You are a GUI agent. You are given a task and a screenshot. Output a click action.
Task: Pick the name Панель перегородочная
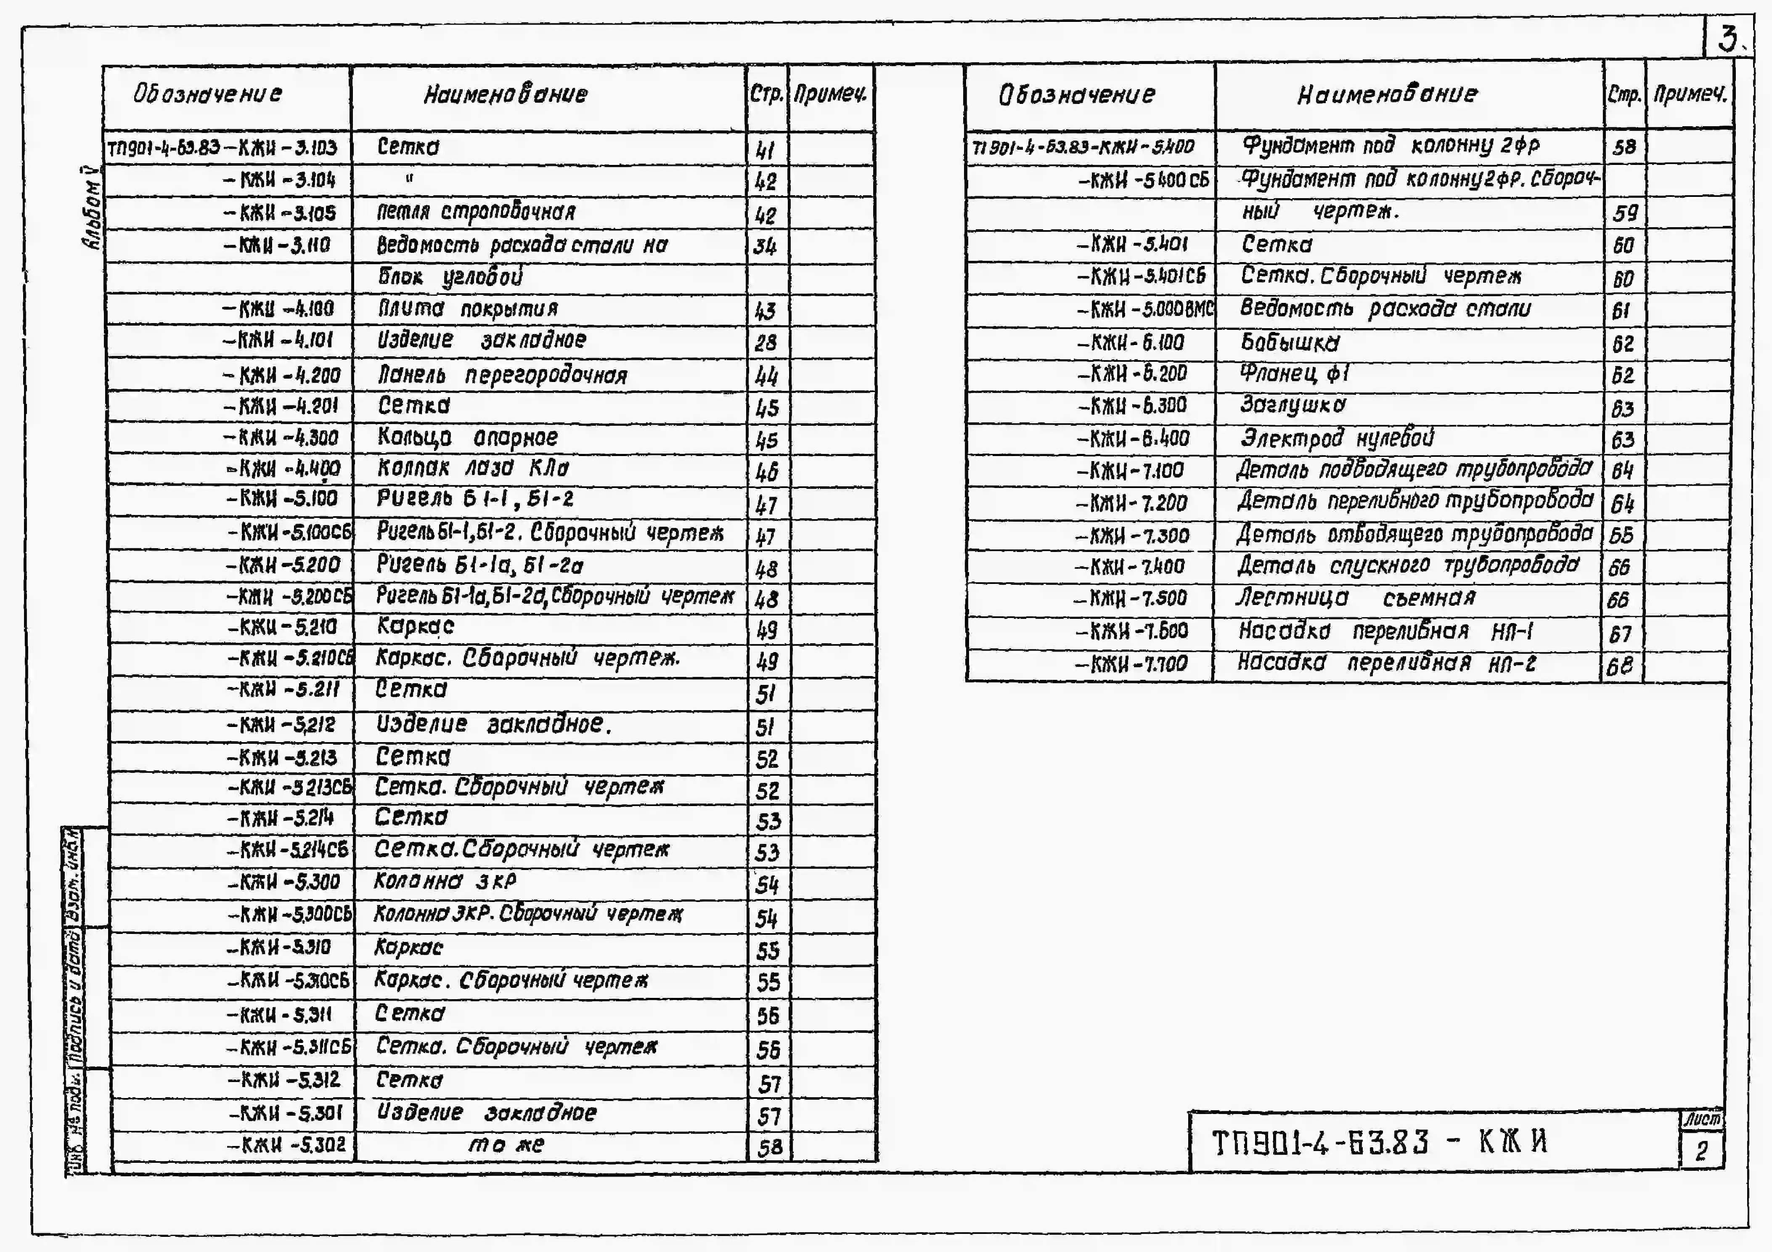click(502, 375)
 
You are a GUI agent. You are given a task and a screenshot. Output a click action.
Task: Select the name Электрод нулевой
click(1337, 438)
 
